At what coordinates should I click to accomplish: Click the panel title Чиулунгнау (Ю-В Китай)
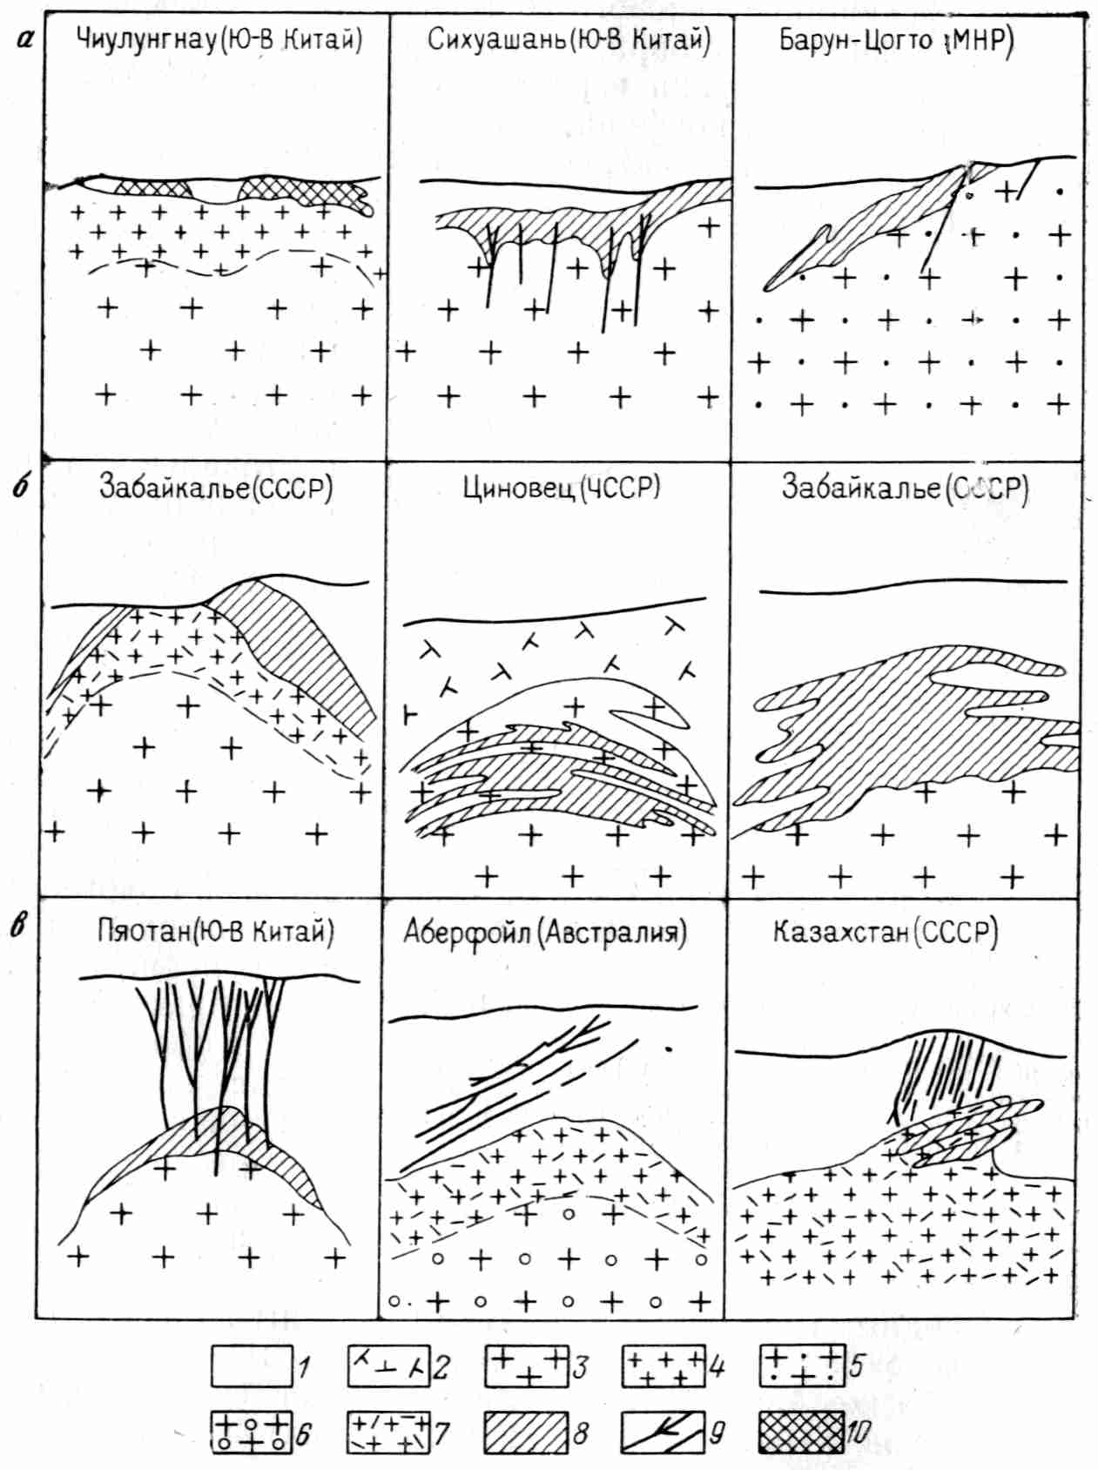219,39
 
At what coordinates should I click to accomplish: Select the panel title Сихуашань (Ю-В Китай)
569,39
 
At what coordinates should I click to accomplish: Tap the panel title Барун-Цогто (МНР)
896,41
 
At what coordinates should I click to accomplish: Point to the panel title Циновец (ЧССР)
561,486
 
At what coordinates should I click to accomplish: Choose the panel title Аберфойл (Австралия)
545,933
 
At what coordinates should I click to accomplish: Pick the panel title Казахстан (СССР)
885,932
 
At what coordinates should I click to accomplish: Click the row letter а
26,37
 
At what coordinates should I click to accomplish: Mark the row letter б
23,484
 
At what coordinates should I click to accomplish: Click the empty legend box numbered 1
252,1365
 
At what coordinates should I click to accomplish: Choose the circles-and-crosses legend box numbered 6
252,1433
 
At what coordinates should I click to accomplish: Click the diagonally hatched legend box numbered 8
526,1433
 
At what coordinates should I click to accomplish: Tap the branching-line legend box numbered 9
663,1433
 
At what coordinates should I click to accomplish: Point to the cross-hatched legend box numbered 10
801,1433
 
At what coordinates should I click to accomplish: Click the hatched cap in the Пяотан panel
218,1141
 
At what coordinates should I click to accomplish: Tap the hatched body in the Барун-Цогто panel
871,218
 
